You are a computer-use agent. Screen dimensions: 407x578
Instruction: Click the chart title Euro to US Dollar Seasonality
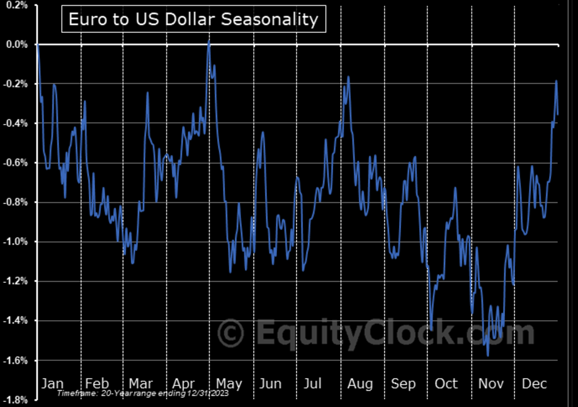(x=193, y=19)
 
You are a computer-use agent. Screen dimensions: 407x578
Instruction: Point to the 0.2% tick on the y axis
(x=15, y=5)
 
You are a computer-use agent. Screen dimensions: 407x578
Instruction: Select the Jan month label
(x=52, y=383)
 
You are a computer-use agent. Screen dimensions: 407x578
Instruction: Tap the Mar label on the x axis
(x=140, y=383)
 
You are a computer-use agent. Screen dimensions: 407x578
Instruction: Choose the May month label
(x=229, y=383)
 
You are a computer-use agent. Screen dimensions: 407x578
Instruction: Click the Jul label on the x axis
(x=312, y=383)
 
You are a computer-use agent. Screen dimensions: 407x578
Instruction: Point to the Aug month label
(x=360, y=383)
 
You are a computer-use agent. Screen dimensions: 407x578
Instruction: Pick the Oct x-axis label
(x=446, y=383)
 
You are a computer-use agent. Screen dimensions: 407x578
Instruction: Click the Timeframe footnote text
(x=142, y=393)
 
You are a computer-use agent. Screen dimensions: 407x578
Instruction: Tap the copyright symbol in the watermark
(x=231, y=332)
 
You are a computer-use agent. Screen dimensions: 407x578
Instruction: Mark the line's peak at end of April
(x=209, y=40)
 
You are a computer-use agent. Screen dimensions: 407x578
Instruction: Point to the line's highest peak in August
(x=347, y=77)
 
